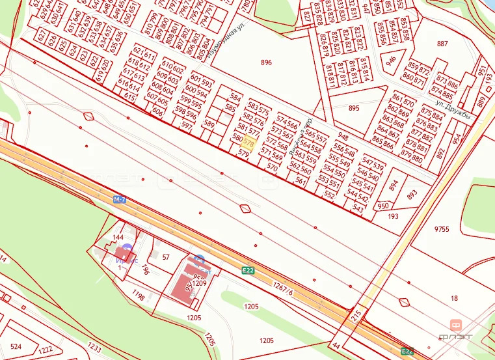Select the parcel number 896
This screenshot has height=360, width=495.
[x=266, y=63]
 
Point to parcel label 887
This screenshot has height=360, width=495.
[x=442, y=44]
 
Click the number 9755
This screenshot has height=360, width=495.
[x=442, y=229]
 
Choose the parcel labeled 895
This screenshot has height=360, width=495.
[x=354, y=108]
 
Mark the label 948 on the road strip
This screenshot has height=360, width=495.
[x=343, y=138]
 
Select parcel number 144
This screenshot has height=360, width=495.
[x=118, y=238]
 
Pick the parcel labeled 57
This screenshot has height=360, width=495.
[x=166, y=257]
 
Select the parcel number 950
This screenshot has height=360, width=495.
[x=383, y=206]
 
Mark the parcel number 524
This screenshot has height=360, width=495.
[x=16, y=346]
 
